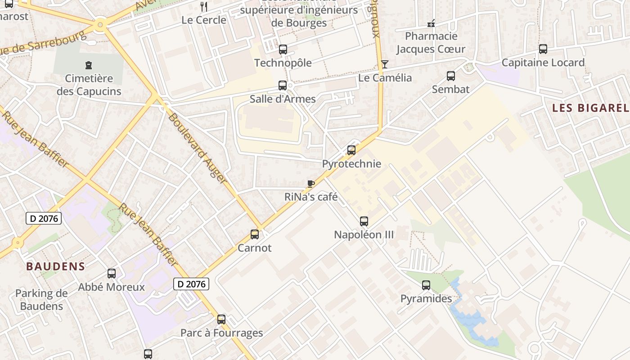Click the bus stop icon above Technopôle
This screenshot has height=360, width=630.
pos(283,49)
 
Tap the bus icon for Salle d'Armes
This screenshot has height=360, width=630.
pos(282,85)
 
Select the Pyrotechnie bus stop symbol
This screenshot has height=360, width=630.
pos(351,150)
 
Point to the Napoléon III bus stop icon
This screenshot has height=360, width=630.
pos(364,221)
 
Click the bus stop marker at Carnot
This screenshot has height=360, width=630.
pos(255,234)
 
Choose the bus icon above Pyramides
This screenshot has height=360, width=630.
pos(426,285)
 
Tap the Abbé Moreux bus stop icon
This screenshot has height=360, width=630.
pos(111,274)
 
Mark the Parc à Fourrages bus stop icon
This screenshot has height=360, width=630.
pos(221,319)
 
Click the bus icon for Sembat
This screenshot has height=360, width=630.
pos(450,76)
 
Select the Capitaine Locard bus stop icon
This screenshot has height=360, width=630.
pos(543,49)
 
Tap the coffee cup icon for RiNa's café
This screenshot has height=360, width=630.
pos(310,184)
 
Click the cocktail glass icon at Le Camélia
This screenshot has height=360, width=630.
pos(384,64)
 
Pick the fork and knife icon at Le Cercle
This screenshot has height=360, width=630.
pos(204,7)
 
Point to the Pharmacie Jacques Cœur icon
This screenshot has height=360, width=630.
pos(431,23)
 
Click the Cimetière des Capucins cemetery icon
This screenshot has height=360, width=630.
pos(89,65)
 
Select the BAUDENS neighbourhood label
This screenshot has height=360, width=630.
pos(56,266)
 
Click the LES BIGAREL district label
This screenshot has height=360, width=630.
pos(590,108)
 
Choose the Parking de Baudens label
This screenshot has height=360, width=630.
pos(41,300)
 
